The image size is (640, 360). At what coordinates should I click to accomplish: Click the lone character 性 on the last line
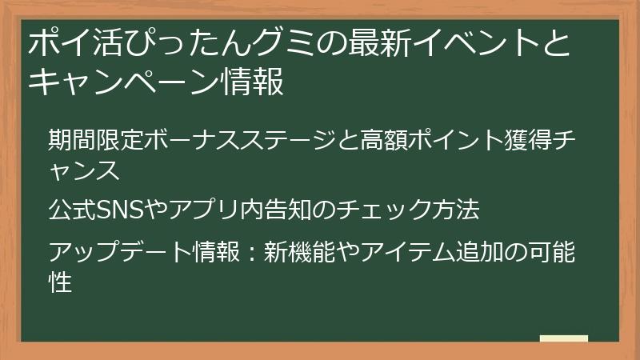point(61,281)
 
